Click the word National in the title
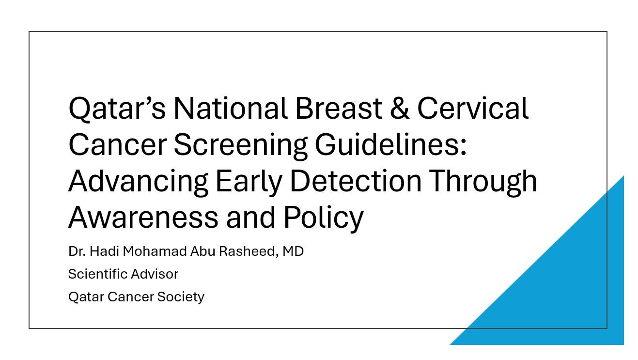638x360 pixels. point(230,108)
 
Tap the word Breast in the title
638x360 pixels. point(339,108)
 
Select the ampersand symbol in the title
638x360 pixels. point(400,108)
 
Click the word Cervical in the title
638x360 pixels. point(473,108)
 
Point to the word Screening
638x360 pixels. point(241,146)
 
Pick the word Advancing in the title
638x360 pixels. point(139,182)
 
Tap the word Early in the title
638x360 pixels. point(249,182)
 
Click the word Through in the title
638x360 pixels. point(483,182)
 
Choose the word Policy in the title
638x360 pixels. point(324,219)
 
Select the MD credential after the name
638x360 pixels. point(293,251)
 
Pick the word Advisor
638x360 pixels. point(155,274)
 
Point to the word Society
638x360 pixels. point(181,297)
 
